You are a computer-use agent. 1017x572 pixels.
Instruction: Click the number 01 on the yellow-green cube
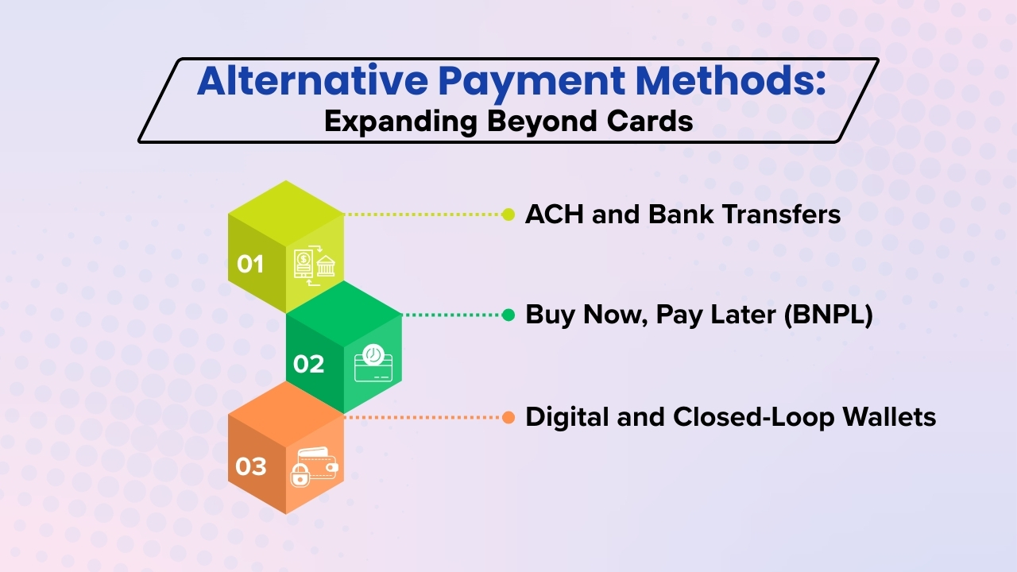click(250, 263)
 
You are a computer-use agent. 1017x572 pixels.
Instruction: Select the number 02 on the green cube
click(308, 364)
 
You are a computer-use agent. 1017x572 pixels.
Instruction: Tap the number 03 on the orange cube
click(250, 466)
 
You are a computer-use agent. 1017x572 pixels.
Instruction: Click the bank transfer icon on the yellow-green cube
click(314, 264)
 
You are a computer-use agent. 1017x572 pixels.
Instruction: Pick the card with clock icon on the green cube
click(372, 365)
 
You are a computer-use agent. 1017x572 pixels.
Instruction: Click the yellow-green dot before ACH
click(508, 214)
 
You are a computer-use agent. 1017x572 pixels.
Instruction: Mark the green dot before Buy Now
click(508, 315)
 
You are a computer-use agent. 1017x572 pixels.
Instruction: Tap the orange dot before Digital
click(508, 417)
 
